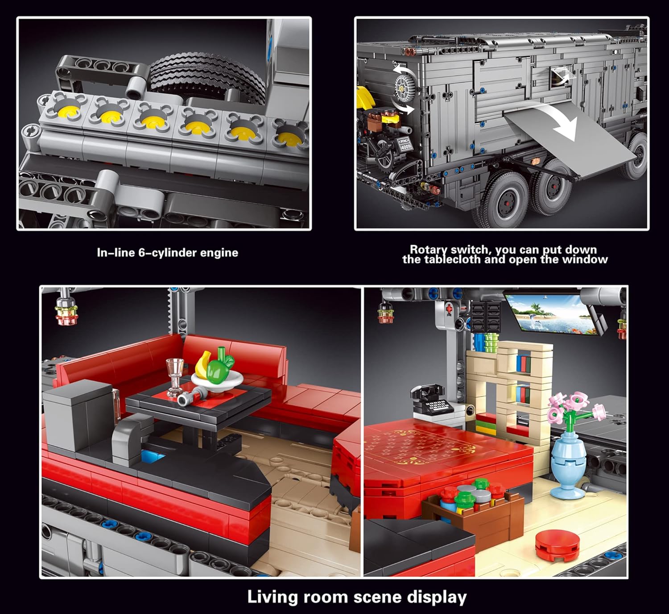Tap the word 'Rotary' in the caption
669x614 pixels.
tap(429, 249)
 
